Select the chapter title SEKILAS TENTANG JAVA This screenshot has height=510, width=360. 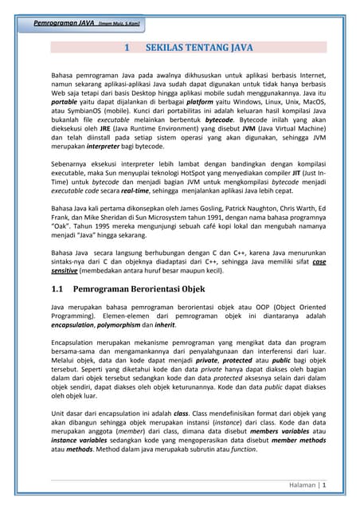pyautogui.click(x=200, y=48)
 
